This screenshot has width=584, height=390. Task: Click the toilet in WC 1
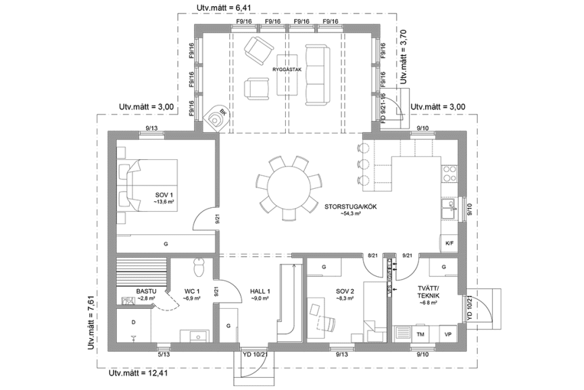pyautogui.click(x=199, y=268)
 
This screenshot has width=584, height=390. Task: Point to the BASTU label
pyautogui.click(x=147, y=292)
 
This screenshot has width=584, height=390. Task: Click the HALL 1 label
pyautogui.click(x=260, y=292)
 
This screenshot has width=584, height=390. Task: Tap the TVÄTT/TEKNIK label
pyautogui.click(x=428, y=295)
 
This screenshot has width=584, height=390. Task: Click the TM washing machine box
pyautogui.click(x=420, y=335)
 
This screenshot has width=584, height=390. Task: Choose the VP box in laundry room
pyautogui.click(x=447, y=335)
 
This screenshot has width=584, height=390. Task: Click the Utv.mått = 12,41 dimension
pyautogui.click(x=139, y=372)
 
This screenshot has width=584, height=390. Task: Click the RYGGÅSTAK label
pyautogui.click(x=287, y=69)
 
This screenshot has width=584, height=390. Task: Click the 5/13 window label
pyautogui.click(x=164, y=353)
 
